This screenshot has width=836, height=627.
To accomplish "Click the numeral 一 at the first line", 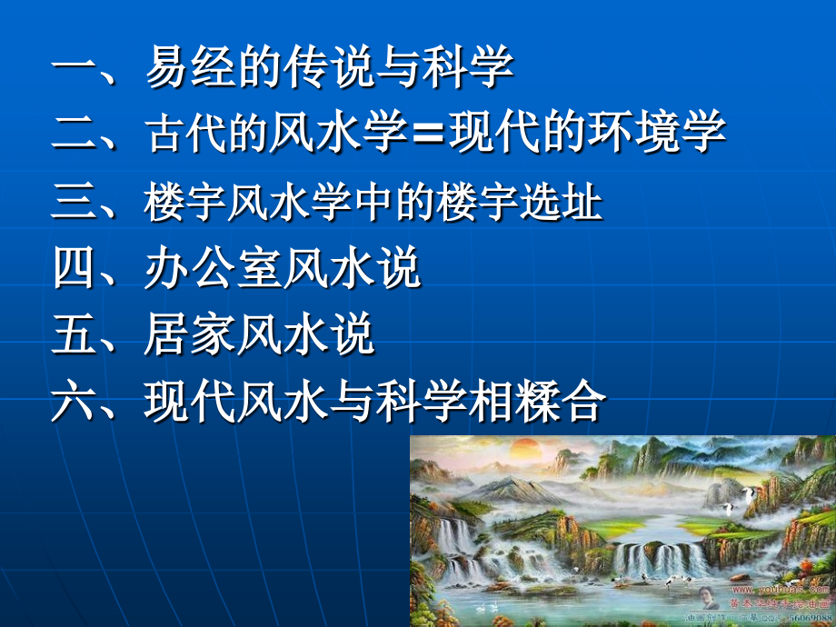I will (75, 68).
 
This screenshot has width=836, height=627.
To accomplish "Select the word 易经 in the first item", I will (190, 68).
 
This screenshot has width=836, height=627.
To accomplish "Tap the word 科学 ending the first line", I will (467, 68).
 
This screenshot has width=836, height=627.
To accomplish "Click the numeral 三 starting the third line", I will (75, 202).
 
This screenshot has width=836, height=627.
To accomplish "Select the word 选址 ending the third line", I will (556, 202).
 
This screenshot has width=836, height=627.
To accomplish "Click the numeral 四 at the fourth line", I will (75, 268).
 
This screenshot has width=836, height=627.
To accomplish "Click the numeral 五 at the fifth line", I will (75, 334).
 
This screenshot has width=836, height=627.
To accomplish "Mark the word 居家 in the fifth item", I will (190, 334).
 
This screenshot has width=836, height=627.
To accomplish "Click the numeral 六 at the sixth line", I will (75, 402).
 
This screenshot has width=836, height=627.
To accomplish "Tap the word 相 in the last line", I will (488, 402).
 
